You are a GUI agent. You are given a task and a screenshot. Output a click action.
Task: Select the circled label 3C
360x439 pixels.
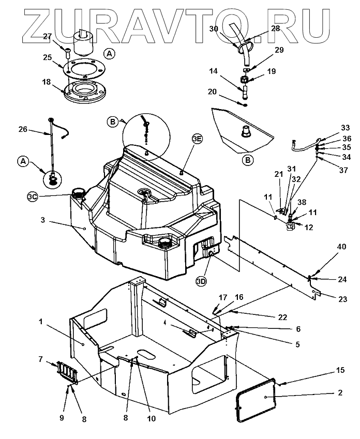click(33, 196)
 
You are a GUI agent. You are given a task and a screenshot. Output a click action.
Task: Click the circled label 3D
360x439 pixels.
click(202, 281)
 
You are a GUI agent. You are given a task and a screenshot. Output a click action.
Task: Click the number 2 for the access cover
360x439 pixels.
click(340, 393)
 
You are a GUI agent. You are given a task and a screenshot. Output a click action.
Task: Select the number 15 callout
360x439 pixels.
click(340, 370)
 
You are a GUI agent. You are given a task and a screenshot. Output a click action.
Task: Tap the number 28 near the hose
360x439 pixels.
click(275, 28)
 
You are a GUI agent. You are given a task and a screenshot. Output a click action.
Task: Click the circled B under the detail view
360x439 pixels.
click(248, 160)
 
